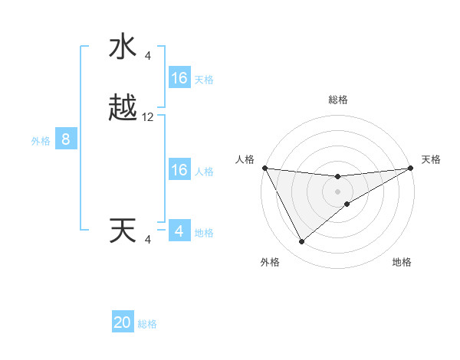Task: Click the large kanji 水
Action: click(x=123, y=47)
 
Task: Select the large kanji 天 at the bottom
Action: click(x=123, y=231)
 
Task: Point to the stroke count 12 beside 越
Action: click(x=148, y=117)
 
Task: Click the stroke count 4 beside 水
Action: click(x=147, y=55)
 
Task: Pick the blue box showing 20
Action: click(x=123, y=322)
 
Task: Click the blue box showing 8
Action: click(x=66, y=139)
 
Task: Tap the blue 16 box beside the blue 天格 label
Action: click(x=179, y=78)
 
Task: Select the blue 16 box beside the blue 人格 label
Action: click(x=179, y=170)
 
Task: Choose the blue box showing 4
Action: click(x=179, y=231)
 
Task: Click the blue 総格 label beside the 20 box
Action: click(x=147, y=324)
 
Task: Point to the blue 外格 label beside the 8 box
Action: click(x=41, y=141)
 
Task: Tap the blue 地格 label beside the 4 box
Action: click(x=204, y=233)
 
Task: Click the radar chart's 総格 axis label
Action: click(x=337, y=100)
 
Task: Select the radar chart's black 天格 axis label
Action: click(x=431, y=159)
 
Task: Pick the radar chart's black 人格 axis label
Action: click(x=245, y=159)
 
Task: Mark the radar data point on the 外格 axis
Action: click(x=301, y=242)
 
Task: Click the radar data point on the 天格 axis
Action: click(x=410, y=168)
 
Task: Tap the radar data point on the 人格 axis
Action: click(x=264, y=168)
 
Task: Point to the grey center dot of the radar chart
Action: click(x=337, y=191)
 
